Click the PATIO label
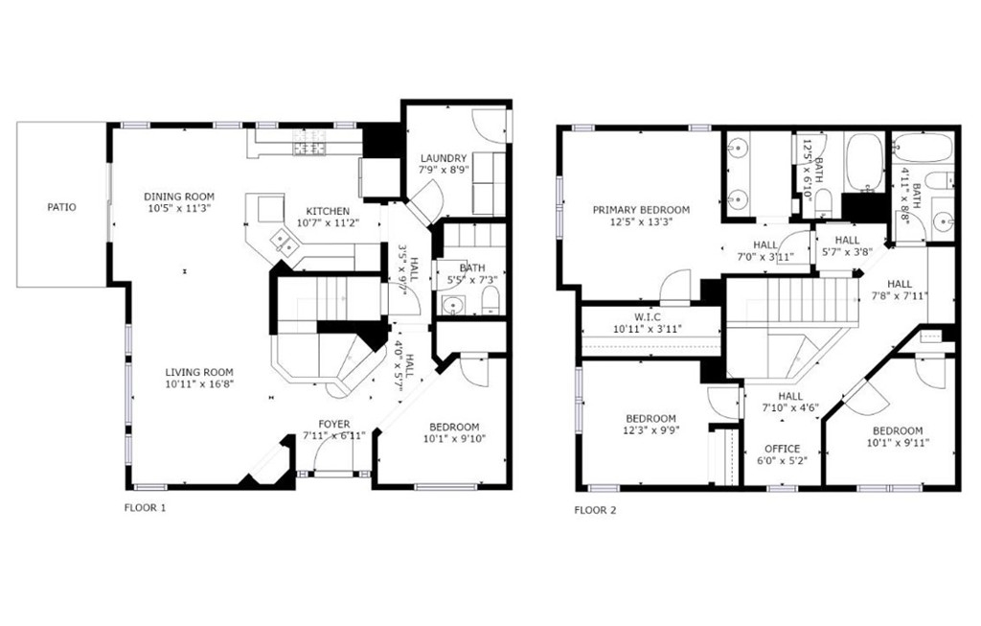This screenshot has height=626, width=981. pos(62,206)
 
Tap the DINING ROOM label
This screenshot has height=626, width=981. pos(179,197)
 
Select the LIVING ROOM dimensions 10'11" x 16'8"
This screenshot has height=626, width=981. pos(199,384)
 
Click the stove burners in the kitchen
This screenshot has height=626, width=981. pos(311,142)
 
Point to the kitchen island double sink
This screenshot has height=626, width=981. pos(283,243)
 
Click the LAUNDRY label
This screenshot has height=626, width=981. pos(444,158)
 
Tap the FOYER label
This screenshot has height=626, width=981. pos(334,424)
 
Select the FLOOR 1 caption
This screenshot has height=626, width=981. pos(146,508)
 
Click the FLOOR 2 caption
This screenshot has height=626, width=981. pos(595,510)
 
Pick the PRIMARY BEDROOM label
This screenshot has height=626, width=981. pos(641,210)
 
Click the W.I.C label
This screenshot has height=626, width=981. pos(647,317)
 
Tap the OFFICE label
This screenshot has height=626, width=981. pos(782,449)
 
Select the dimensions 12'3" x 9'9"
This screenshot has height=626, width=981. pos(651,430)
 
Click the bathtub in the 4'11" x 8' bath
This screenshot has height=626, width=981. pos(923,148)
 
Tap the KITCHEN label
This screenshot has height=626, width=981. pos(328,211)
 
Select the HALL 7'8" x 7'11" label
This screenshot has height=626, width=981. pos(899,284)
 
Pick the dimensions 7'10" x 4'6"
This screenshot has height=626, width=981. pos(790,407)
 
